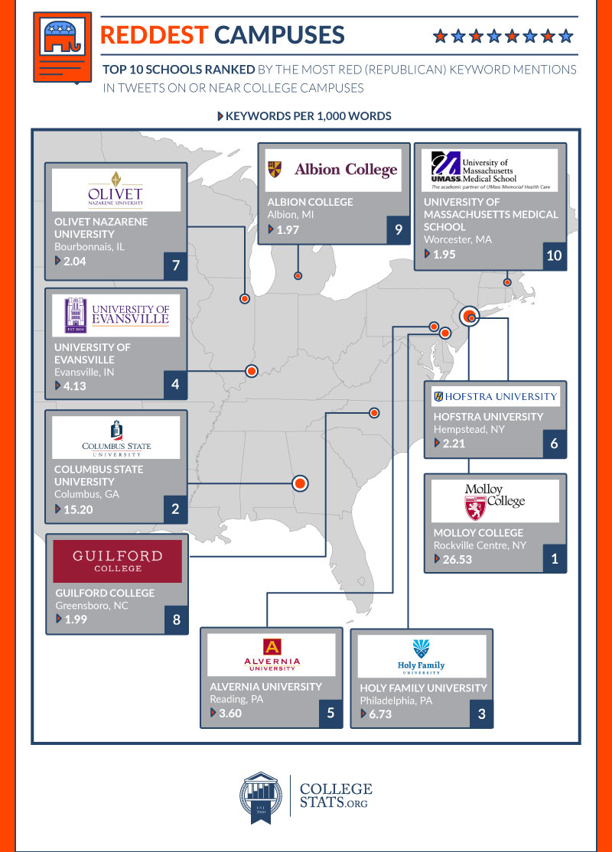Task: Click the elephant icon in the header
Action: pos(63,37)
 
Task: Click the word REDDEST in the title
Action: pos(155,35)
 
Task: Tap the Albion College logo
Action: pos(334,170)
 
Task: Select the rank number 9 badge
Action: pos(399,230)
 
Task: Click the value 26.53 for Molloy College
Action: pos(457,559)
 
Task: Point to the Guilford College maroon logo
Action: pos(117,561)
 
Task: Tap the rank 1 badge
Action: pos(555,558)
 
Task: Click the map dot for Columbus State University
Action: pos(300,483)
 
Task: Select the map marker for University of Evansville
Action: pos(251,371)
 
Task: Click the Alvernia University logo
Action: pos(272,655)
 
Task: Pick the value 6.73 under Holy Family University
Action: pos(380,714)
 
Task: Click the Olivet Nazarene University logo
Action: pos(116,190)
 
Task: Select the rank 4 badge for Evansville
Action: pos(175,385)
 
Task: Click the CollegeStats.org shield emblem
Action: pos(261,797)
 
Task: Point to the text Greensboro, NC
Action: pos(92,606)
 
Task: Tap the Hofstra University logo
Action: pos(495,397)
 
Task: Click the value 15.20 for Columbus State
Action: pos(78,509)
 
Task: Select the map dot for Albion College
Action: pos(298,275)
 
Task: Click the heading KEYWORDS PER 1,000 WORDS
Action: pos(308,116)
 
